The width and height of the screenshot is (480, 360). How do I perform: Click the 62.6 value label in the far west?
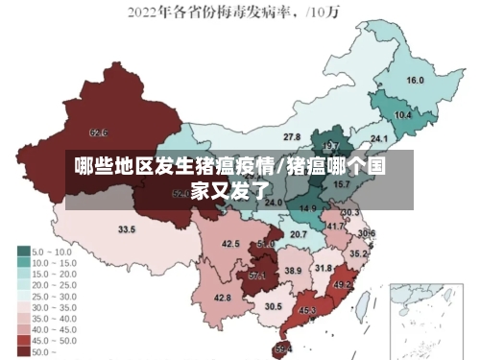pos(98,132)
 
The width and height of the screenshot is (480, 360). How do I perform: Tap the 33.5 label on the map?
pos(127,229)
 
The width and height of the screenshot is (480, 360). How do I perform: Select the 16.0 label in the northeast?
pos(415,80)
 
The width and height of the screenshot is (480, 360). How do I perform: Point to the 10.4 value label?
pos(403,114)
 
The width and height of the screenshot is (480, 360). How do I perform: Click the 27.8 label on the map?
pos(291,138)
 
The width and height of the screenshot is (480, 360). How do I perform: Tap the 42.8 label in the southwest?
pos(222,299)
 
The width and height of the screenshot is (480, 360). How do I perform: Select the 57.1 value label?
pos(257,276)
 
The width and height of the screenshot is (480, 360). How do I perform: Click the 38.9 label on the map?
pos(293,272)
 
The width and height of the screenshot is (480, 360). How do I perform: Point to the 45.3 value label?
pos(308,310)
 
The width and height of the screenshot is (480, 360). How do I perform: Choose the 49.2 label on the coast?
pos(343,285)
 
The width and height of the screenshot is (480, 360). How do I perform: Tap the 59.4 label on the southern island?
pos(283,348)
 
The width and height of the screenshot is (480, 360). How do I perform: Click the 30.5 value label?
pos(274,306)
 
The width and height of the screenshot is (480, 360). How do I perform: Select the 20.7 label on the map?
pos(299,234)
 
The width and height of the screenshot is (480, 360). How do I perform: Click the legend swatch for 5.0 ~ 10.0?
pos(22,251)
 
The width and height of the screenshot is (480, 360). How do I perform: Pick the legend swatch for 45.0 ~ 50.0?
pos(22,340)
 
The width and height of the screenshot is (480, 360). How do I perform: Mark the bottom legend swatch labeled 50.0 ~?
pos(22,351)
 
